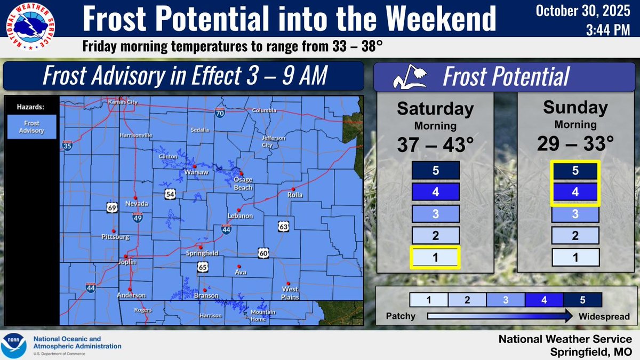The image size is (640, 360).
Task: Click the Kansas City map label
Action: [123, 102]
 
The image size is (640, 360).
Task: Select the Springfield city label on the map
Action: [205, 253]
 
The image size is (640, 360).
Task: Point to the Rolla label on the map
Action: [295, 195]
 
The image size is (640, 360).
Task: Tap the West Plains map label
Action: [290, 293]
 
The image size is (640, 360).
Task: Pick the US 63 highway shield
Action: [284, 227]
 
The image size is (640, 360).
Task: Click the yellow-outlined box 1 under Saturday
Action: [435, 257]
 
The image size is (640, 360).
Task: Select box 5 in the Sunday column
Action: [575, 171]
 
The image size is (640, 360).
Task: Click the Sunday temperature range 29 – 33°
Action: [575, 143]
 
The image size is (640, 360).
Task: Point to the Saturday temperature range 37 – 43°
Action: [435, 145]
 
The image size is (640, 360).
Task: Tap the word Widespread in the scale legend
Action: [604, 316]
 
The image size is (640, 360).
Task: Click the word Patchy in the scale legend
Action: [400, 316]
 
